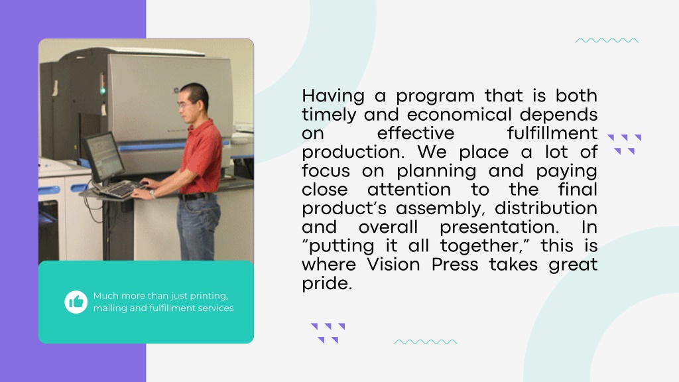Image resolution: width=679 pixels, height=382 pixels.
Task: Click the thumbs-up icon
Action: (76, 302)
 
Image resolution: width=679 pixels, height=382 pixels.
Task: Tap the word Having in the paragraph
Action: (333, 96)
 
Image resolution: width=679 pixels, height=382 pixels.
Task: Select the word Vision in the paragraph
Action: (394, 264)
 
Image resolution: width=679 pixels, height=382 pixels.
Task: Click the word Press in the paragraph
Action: (455, 264)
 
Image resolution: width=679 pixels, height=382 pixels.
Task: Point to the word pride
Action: (327, 284)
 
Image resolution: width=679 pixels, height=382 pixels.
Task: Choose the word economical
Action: (460, 115)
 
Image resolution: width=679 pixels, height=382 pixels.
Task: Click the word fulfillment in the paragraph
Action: (552, 133)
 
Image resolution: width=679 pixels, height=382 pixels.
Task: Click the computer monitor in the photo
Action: (103, 156)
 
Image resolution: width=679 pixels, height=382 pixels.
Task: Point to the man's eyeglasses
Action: (185, 105)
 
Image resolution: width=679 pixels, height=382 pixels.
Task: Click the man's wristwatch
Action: (153, 194)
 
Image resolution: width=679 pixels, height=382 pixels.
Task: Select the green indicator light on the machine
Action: (103, 90)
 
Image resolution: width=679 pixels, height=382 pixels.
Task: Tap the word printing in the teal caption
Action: (209, 296)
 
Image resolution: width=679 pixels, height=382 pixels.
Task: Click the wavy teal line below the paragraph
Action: (426, 342)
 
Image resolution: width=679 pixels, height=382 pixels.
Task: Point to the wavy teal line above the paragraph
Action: (607, 40)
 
